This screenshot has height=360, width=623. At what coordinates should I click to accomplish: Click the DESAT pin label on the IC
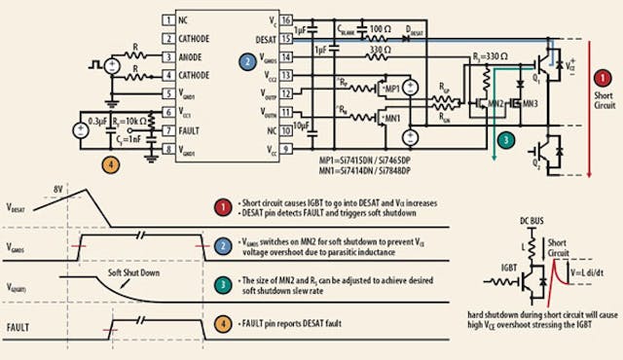pos(264,38)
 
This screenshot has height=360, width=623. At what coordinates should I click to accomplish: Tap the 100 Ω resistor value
pos(381,29)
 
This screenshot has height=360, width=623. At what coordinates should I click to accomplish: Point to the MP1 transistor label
pos(393,89)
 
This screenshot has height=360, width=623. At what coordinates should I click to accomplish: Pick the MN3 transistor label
pos(531,100)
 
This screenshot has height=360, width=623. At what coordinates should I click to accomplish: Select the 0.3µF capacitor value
pos(95,120)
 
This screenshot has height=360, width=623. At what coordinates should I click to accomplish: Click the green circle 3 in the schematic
pos(504,140)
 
